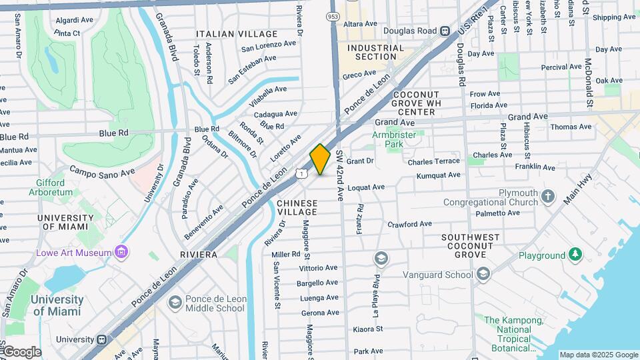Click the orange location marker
click(321, 159)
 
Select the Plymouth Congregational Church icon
click(548, 196)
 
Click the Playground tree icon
click(575, 255)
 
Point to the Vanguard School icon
click(483, 273)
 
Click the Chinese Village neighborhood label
click(297, 207)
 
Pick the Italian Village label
click(237, 33)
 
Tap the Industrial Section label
click(376, 52)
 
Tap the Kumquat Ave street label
click(438, 175)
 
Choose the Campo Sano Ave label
click(103, 172)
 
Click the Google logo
click(23, 352)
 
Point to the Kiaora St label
click(367, 329)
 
